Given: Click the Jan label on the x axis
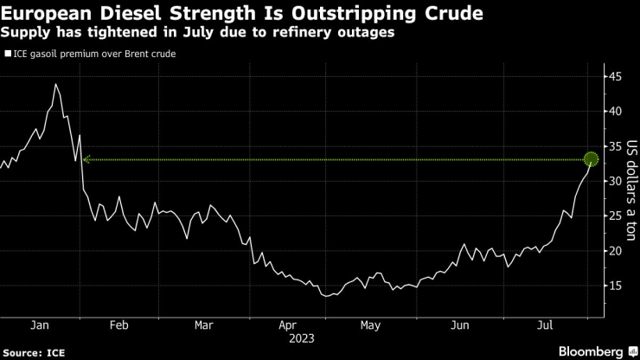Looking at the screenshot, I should [39, 325].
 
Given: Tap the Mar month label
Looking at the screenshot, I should [204, 325].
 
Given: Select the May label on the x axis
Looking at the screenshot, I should [370, 325].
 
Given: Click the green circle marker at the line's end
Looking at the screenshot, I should [592, 159].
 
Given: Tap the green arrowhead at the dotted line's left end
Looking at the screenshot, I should [86, 159].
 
